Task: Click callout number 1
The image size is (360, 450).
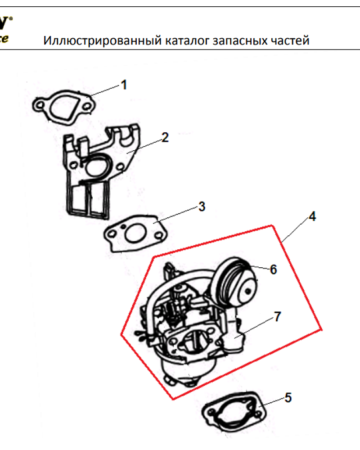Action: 124,85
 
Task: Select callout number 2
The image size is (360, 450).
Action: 165,137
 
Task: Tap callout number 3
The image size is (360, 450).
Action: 202,207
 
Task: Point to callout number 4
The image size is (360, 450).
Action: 312,216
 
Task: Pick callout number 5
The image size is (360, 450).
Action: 288,397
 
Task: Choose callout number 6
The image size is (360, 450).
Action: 273,270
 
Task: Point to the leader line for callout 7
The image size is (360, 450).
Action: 256,326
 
